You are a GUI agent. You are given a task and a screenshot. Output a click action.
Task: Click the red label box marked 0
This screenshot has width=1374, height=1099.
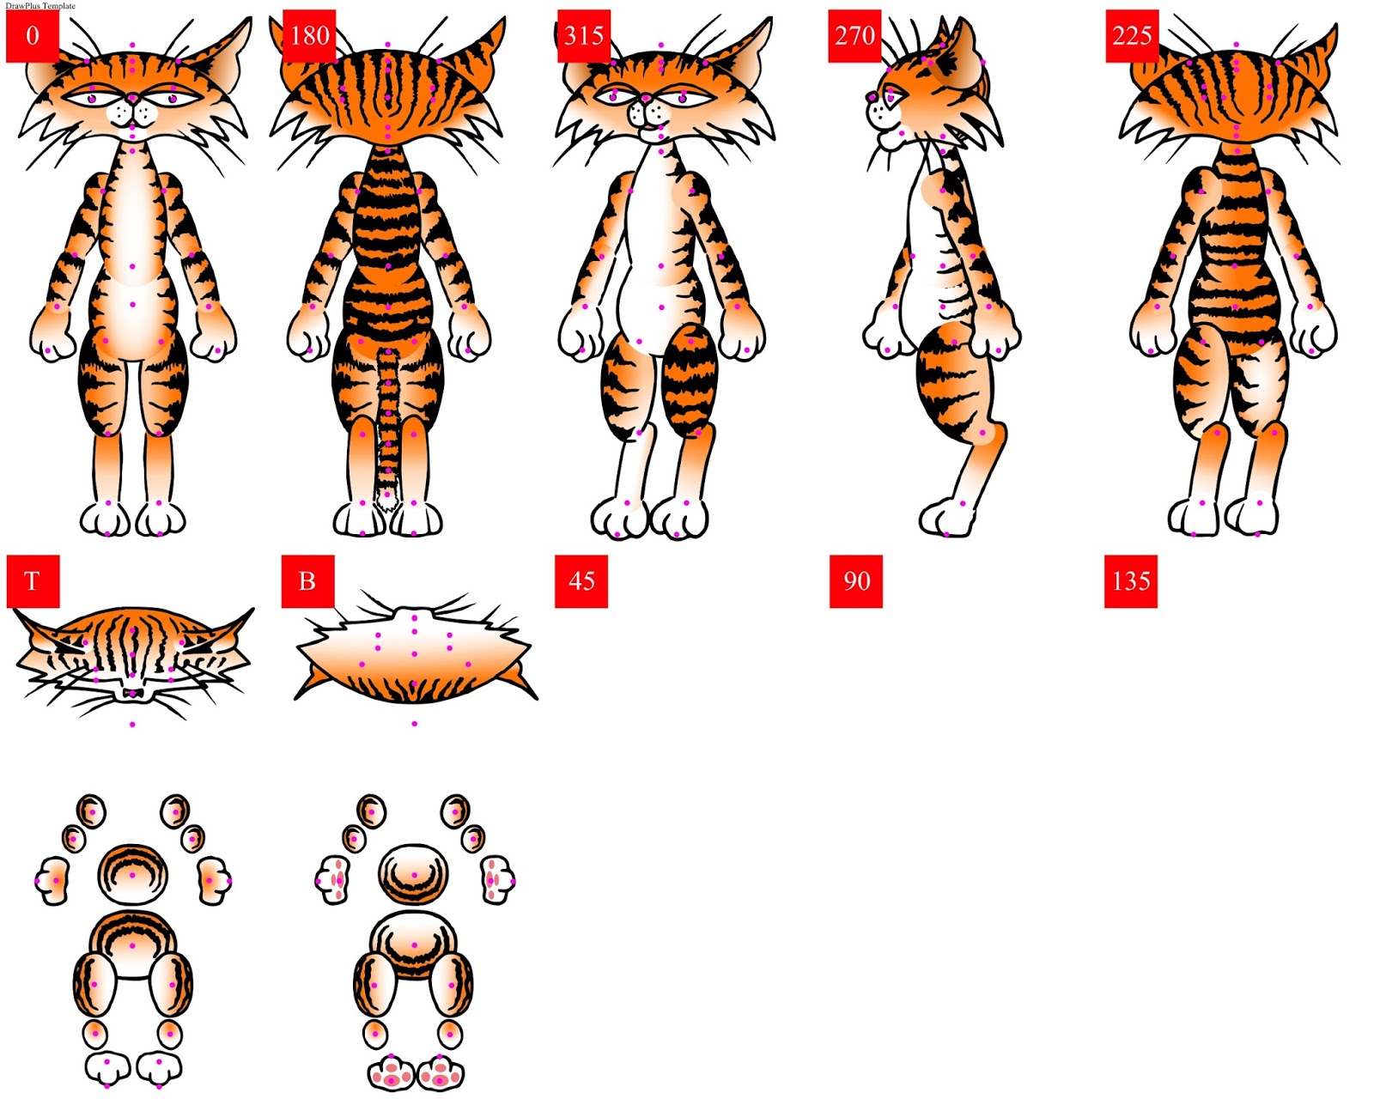pos(33,36)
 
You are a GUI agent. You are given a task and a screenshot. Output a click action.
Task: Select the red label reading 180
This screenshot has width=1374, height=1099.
pos(309,36)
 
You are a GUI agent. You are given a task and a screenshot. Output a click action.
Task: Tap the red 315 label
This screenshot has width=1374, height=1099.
pos(584,36)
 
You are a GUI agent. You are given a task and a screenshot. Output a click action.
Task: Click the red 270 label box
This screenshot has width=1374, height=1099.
pos(854,36)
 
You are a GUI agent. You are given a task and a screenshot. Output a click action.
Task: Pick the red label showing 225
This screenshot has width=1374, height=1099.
pos(1132,36)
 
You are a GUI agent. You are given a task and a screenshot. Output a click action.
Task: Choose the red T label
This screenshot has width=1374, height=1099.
pos(33,581)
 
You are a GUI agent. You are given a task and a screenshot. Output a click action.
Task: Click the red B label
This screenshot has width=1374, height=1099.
pos(307,581)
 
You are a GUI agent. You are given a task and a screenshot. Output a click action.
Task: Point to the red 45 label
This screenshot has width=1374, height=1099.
pos(581,581)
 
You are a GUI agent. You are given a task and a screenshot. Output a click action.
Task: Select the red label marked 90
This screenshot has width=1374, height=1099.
pos(856,581)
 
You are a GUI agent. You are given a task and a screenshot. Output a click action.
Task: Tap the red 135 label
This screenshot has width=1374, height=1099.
pos(1131,581)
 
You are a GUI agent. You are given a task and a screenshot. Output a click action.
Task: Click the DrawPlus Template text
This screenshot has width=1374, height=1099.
pos(40,5)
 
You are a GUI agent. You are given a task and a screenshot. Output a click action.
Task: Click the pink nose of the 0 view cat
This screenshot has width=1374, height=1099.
pos(132,100)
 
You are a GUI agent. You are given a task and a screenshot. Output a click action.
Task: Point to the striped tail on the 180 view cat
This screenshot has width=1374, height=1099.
pos(388,421)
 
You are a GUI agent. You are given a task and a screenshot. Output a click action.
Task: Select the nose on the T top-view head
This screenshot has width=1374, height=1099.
pos(132,692)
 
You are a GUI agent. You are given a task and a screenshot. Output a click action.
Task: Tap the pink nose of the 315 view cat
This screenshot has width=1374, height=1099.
pos(645,100)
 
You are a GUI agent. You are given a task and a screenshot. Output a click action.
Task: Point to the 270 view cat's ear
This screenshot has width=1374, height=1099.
pos(964,52)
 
